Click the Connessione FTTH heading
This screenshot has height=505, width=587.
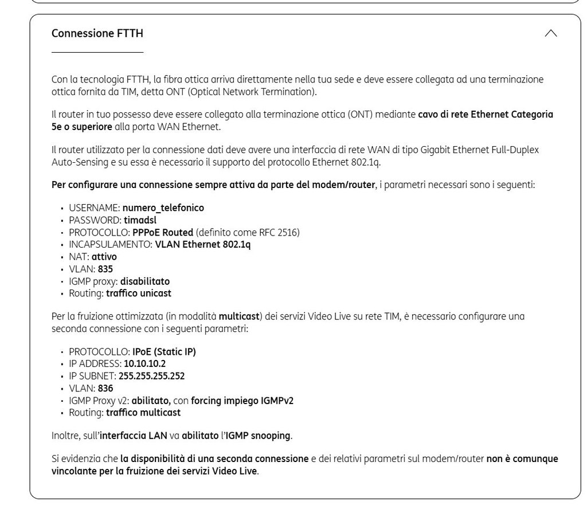[x=97, y=33]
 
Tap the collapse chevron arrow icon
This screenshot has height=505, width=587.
[x=550, y=33]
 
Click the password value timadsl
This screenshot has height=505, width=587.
[x=140, y=220]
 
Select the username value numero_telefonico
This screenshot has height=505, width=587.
[x=163, y=208]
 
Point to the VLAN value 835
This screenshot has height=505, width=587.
[x=105, y=269]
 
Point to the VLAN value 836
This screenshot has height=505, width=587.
[x=105, y=388]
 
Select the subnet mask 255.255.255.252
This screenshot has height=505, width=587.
[x=151, y=376]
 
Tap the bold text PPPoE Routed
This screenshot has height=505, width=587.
[x=163, y=232]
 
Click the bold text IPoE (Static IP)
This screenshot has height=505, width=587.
[x=164, y=351]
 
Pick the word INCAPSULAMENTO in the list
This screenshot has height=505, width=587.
[x=109, y=244]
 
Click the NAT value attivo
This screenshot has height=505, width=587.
[x=104, y=257]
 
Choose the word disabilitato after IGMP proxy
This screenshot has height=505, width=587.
[x=145, y=281]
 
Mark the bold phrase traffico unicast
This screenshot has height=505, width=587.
[x=139, y=293]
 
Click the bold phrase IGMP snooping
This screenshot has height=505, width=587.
[x=257, y=436]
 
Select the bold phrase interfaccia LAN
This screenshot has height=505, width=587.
[x=134, y=436]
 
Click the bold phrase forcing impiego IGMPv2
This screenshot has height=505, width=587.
[x=242, y=401]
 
